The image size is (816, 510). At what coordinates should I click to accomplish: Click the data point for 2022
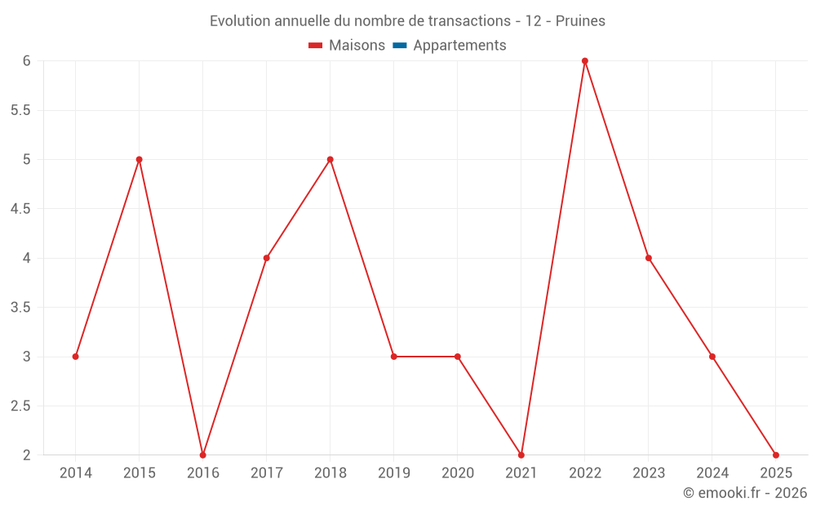(585, 61)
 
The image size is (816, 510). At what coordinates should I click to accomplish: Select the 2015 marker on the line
(140, 159)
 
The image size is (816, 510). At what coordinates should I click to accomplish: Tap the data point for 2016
(203, 455)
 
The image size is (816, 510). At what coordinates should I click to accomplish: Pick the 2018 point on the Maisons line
(330, 159)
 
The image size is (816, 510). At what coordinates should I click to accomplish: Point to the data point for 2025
(776, 455)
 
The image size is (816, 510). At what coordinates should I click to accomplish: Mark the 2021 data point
(521, 455)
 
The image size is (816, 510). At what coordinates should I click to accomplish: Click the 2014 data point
(76, 357)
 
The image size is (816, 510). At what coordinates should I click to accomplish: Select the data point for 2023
(649, 258)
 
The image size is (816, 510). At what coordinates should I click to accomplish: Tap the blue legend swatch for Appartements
(400, 46)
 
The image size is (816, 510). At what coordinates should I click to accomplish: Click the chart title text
(407, 21)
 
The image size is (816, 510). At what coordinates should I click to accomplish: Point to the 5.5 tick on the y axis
(20, 110)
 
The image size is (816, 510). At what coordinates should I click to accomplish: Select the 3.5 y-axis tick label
(20, 308)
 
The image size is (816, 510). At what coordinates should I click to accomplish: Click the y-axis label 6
(26, 61)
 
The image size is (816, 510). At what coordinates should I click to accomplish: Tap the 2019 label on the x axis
(394, 473)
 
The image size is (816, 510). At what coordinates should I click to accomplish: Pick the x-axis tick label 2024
(712, 473)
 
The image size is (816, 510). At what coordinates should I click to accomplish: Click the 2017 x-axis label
(267, 473)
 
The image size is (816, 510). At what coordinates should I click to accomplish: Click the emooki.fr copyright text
(745, 493)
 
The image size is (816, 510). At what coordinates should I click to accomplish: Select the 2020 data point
(458, 357)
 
